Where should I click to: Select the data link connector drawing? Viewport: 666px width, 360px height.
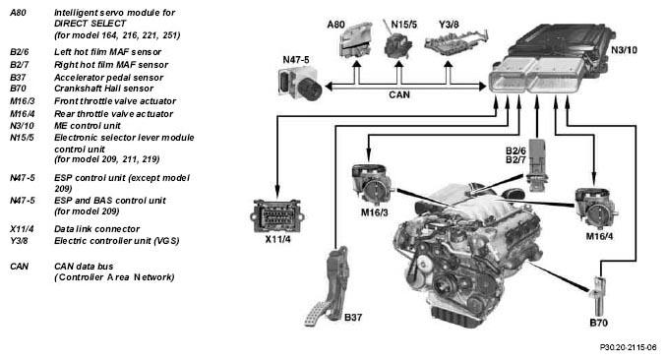[x=277, y=216]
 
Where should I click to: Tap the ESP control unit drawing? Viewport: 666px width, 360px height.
[x=299, y=83]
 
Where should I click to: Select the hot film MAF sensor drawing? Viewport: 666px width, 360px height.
[x=536, y=164]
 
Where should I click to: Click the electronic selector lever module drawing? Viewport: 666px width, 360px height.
[x=397, y=43]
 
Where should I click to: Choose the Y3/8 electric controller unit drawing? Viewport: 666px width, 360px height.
[x=455, y=42]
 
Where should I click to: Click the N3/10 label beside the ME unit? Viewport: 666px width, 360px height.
[x=624, y=50]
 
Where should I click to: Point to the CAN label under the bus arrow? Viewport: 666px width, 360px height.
[x=399, y=94]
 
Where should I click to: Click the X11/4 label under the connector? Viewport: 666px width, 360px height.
[x=277, y=239]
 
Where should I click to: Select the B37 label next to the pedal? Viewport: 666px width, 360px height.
[x=353, y=317]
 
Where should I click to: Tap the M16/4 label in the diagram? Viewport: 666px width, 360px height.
[x=599, y=236]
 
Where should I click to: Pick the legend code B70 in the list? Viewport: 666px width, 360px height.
[x=18, y=89]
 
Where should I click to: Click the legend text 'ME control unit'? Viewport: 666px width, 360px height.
[x=88, y=126]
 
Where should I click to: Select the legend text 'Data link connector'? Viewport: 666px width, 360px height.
[x=96, y=229]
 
